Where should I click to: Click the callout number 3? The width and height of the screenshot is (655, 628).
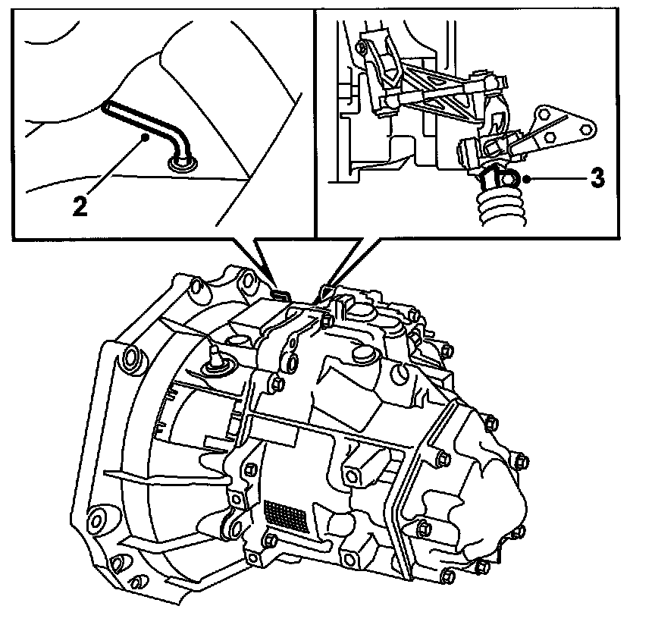[x=597, y=179]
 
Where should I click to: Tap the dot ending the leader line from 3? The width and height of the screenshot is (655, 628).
[x=525, y=180]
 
